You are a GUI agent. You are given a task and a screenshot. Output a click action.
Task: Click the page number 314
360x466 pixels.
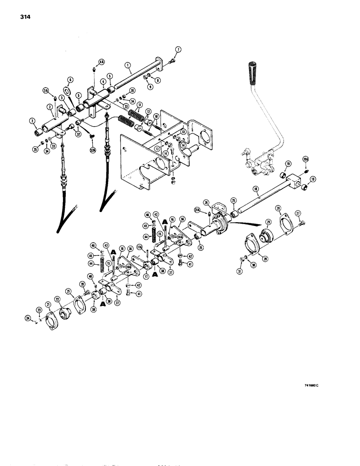26,17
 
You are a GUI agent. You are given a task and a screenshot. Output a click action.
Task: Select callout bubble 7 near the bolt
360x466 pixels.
178,49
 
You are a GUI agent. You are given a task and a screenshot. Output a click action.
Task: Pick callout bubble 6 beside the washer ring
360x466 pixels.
70,80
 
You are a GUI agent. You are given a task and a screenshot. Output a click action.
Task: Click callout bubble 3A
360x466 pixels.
46,91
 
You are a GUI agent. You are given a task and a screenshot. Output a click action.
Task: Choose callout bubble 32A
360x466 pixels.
91,150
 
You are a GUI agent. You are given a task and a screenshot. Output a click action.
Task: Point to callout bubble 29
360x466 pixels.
268,236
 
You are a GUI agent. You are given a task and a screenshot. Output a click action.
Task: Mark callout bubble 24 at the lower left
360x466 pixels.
28,318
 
